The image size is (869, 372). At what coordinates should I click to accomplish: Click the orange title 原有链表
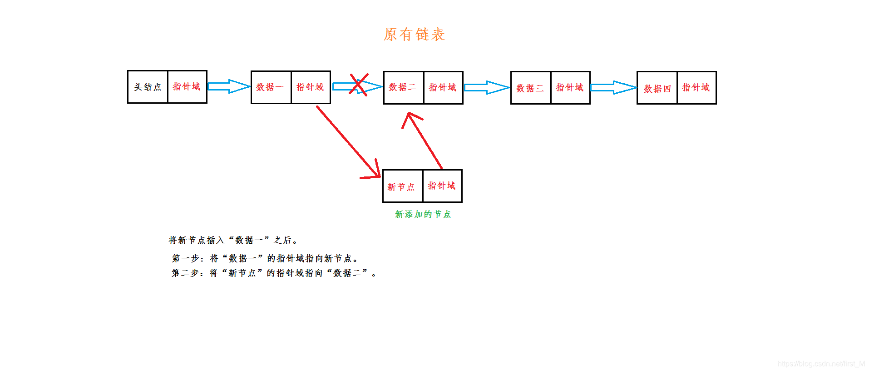pyautogui.click(x=414, y=34)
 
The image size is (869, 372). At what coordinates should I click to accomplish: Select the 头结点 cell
pyautogui.click(x=148, y=87)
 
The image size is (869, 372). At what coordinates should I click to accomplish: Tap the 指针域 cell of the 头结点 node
pyautogui.click(x=187, y=87)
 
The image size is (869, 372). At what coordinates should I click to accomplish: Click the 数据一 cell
pyautogui.click(x=271, y=87)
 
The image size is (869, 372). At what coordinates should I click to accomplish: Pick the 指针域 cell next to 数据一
pyautogui.click(x=311, y=87)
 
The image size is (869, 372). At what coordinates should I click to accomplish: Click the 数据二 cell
pyautogui.click(x=403, y=88)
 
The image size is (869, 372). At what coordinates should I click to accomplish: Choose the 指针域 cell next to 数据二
pyautogui.click(x=443, y=88)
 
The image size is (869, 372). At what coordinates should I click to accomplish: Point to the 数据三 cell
pyautogui.click(x=530, y=88)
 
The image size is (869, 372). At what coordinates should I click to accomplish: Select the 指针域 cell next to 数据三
pyautogui.click(x=570, y=88)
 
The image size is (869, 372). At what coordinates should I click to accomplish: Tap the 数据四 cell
pyautogui.click(x=657, y=88)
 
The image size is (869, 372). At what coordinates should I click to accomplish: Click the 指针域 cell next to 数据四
pyautogui.click(x=696, y=88)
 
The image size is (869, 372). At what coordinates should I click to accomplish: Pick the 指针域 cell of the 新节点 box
pyautogui.click(x=442, y=186)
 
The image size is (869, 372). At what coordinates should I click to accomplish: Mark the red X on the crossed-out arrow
pyautogui.click(x=358, y=84)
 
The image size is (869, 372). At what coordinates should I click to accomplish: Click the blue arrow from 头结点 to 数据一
pyautogui.click(x=228, y=86)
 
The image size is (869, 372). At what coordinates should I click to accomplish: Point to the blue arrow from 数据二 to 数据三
pyautogui.click(x=486, y=87)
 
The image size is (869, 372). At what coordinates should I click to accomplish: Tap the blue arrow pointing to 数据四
pyautogui.click(x=613, y=87)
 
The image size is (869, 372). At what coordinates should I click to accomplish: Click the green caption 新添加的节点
pyautogui.click(x=423, y=214)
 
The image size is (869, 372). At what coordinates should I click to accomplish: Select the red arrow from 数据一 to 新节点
pyautogui.click(x=348, y=141)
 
